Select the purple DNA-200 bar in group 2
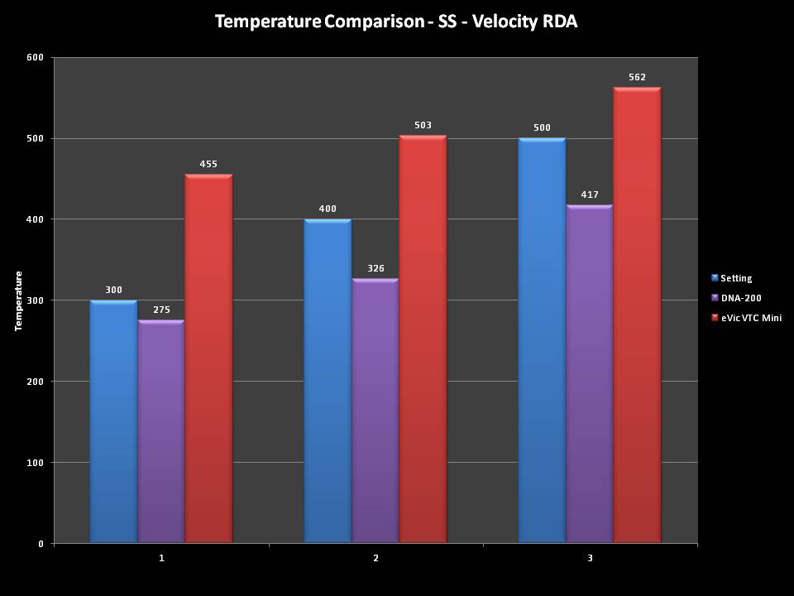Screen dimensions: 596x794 click(375, 411)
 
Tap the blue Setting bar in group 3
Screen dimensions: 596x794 click(542, 340)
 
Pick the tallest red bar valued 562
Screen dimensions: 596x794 click(637, 315)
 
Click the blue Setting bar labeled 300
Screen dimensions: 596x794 click(113, 421)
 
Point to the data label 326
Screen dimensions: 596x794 click(375, 269)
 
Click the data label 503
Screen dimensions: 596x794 click(423, 126)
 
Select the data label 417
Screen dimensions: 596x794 click(589, 195)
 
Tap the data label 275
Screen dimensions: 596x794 click(161, 310)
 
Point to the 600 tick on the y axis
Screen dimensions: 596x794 click(35, 57)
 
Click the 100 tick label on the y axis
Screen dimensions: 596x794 click(35, 463)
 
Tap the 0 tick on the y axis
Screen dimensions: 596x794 click(41, 544)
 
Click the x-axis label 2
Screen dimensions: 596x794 click(375, 558)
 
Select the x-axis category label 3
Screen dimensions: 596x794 click(590, 558)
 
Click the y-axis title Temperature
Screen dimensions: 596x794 click(18, 300)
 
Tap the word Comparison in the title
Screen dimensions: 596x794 click(372, 22)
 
